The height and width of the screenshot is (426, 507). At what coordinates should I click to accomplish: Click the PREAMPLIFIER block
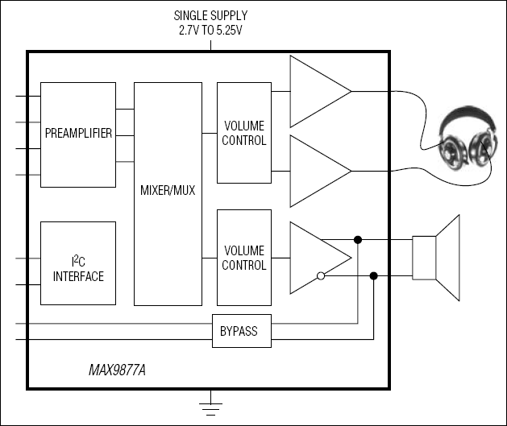click(x=78, y=133)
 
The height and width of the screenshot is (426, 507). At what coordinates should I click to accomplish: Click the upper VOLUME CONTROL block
click(x=243, y=133)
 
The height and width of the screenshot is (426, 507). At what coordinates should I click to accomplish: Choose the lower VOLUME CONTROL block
click(x=243, y=258)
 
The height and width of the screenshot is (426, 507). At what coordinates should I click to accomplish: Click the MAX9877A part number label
click(x=123, y=373)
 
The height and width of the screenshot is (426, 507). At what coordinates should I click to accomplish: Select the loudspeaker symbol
click(x=435, y=257)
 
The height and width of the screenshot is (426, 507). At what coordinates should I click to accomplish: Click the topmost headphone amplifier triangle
click(x=316, y=91)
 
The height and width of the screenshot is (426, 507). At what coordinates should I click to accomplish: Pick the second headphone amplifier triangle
click(x=316, y=171)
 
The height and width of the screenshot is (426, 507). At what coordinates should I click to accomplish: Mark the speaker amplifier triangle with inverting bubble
click(x=314, y=258)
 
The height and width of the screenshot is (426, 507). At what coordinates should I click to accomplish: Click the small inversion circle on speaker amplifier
click(x=320, y=276)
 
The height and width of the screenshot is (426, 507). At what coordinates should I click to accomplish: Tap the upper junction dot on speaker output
click(x=357, y=239)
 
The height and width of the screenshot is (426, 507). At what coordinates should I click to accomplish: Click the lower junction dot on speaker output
click(x=373, y=276)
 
